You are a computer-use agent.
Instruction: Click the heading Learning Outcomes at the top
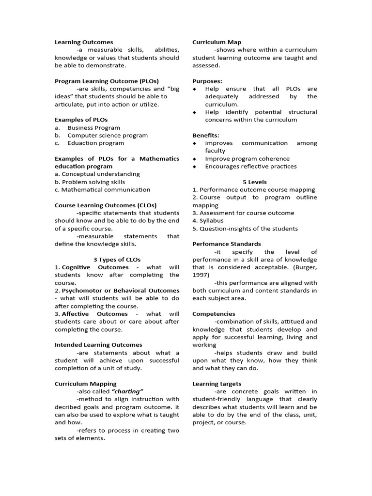84,42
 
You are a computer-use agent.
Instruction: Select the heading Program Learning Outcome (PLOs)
107,81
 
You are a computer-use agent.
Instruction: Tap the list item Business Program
93,127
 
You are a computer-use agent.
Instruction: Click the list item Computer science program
108,135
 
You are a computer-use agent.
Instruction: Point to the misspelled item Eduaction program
95,143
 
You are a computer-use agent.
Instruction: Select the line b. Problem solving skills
90,182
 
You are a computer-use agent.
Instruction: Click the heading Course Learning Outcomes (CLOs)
106,205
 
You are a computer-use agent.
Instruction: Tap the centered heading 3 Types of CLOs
117,260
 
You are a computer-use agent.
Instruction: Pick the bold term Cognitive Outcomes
95,267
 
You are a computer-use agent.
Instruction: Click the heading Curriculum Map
217,42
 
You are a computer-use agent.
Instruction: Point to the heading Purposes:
207,81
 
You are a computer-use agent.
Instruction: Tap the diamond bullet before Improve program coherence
195,159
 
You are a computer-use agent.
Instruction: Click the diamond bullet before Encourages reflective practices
195,167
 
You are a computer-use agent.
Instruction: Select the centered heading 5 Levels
254,182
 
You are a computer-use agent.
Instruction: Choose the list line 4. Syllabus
208,221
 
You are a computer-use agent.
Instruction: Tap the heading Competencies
214,314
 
